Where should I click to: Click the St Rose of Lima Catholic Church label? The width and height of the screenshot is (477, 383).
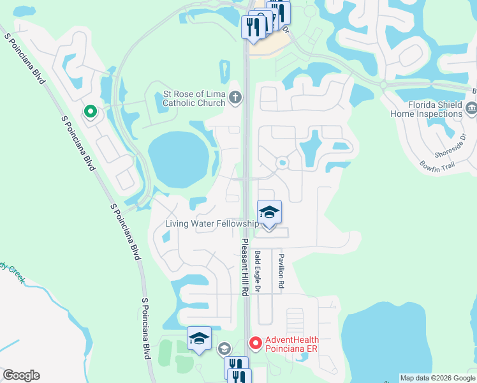[194, 98]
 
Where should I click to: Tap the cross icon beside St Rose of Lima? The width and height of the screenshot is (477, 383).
[235, 98]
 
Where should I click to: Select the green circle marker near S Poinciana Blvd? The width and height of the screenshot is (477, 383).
[91, 112]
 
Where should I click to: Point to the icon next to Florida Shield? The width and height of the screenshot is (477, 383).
[471, 109]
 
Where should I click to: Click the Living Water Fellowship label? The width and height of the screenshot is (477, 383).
[212, 223]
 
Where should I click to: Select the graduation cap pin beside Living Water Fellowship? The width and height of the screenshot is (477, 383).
[269, 213]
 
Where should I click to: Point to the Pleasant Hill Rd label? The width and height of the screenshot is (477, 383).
[244, 266]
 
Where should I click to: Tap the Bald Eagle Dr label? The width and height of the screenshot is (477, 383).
[258, 271]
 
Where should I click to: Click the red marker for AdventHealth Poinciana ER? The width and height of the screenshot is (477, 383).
[256, 343]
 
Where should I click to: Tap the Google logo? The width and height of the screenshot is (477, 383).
[21, 375]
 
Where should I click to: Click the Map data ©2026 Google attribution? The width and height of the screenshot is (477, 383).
[438, 378]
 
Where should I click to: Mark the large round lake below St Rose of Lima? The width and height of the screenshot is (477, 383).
[179, 156]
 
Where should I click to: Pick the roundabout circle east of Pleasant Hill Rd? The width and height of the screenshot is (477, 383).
[281, 163]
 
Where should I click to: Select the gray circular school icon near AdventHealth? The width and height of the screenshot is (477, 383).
[224, 349]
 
